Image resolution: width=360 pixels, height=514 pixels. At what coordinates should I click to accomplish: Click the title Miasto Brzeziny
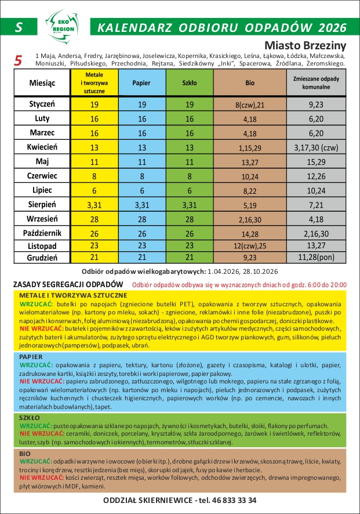pos(305,45)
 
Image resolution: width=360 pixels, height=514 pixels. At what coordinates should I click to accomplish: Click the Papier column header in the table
pos(141,83)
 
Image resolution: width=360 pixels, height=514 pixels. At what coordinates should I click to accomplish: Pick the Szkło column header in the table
pos(189,83)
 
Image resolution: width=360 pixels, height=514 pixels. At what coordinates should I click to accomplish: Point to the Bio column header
pos(250,83)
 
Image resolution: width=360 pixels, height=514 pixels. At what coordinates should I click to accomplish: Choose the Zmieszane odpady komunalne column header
pos(316,82)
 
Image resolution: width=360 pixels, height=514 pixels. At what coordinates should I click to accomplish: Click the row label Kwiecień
pos(42,147)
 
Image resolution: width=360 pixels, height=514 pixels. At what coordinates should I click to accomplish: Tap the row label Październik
pos(42,233)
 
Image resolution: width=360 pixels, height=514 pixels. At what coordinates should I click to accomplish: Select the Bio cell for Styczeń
pos(250,105)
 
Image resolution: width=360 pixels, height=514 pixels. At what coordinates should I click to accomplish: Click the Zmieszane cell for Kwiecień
pos(316,147)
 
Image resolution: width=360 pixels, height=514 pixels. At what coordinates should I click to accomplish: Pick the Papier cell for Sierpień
pos(141,204)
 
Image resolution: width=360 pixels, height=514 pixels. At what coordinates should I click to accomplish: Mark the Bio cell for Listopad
pos(250,246)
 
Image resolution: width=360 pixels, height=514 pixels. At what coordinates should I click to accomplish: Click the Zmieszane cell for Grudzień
pos(316,257)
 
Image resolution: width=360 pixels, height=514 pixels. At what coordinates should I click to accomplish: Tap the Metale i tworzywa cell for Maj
pos(94,161)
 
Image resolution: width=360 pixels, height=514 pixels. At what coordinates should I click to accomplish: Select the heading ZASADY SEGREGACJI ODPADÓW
pos(68,284)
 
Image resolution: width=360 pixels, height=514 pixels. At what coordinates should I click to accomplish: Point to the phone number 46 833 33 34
pos(228,500)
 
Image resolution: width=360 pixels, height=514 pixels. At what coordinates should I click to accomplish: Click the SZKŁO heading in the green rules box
pos(29,417)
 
